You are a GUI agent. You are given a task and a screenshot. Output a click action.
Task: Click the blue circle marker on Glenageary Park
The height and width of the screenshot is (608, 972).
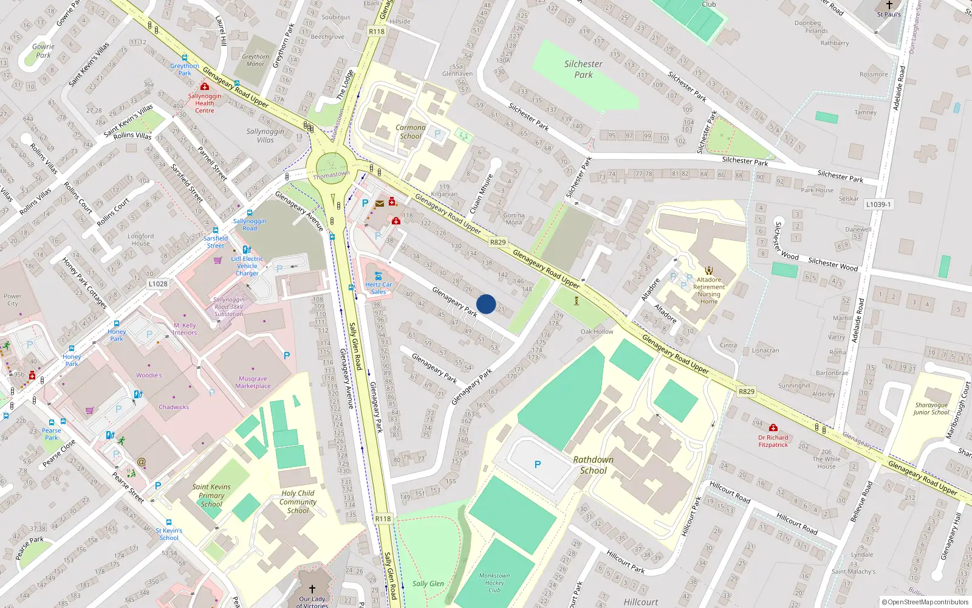(486, 304)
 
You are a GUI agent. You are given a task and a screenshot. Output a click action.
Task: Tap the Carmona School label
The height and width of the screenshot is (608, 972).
(411, 132)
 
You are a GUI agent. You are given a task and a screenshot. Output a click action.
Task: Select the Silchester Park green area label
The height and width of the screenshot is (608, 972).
(583, 69)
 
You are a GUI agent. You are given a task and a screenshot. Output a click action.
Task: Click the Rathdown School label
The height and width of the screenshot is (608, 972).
(593, 465)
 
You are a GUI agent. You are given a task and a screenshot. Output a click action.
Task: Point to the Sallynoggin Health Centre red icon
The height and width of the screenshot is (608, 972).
(205, 87)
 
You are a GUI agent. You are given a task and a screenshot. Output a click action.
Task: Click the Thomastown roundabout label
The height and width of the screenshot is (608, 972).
(331, 175)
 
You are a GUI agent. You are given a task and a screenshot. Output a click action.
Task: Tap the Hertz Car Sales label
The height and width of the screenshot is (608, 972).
(378, 288)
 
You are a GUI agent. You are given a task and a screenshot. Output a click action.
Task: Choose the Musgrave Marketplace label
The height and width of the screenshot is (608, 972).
(253, 382)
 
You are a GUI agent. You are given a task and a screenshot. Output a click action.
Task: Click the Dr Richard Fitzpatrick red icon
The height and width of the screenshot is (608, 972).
(773, 428)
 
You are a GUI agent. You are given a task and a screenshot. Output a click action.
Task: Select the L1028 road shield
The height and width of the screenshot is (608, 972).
(158, 284)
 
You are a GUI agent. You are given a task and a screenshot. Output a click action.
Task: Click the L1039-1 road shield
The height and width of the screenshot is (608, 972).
(878, 205)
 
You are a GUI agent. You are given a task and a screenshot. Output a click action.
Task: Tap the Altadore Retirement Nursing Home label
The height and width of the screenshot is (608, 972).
(709, 291)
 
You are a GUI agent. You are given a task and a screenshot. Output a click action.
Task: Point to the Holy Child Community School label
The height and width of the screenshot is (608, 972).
(298, 502)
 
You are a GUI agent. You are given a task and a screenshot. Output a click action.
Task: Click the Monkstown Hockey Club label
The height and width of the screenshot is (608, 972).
(495, 582)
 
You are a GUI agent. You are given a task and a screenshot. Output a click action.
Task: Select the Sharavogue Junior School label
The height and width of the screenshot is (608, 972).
(931, 409)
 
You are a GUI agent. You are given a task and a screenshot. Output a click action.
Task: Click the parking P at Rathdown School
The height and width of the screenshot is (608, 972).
(538, 465)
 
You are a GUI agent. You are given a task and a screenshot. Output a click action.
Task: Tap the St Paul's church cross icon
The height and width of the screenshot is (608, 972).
(889, 5)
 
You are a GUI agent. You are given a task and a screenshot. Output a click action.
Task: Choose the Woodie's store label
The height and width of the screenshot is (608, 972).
(149, 375)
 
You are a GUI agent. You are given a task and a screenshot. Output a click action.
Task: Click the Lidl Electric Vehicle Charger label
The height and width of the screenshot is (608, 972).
(247, 266)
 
